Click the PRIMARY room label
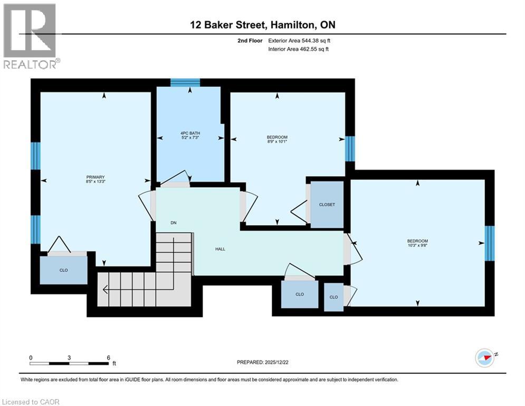tap(96, 177)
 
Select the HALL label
tap(220, 249)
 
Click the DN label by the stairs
tap(173, 223)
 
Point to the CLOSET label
tap(327, 205)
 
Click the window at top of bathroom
tap(185, 82)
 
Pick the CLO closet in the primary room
tap(64, 270)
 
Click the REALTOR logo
tap(31, 36)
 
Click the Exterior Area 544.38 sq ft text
tap(299, 40)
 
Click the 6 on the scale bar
tap(108, 357)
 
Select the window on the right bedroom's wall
tap(490, 244)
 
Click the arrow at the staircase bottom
tap(106, 289)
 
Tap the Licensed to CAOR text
tap(31, 402)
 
